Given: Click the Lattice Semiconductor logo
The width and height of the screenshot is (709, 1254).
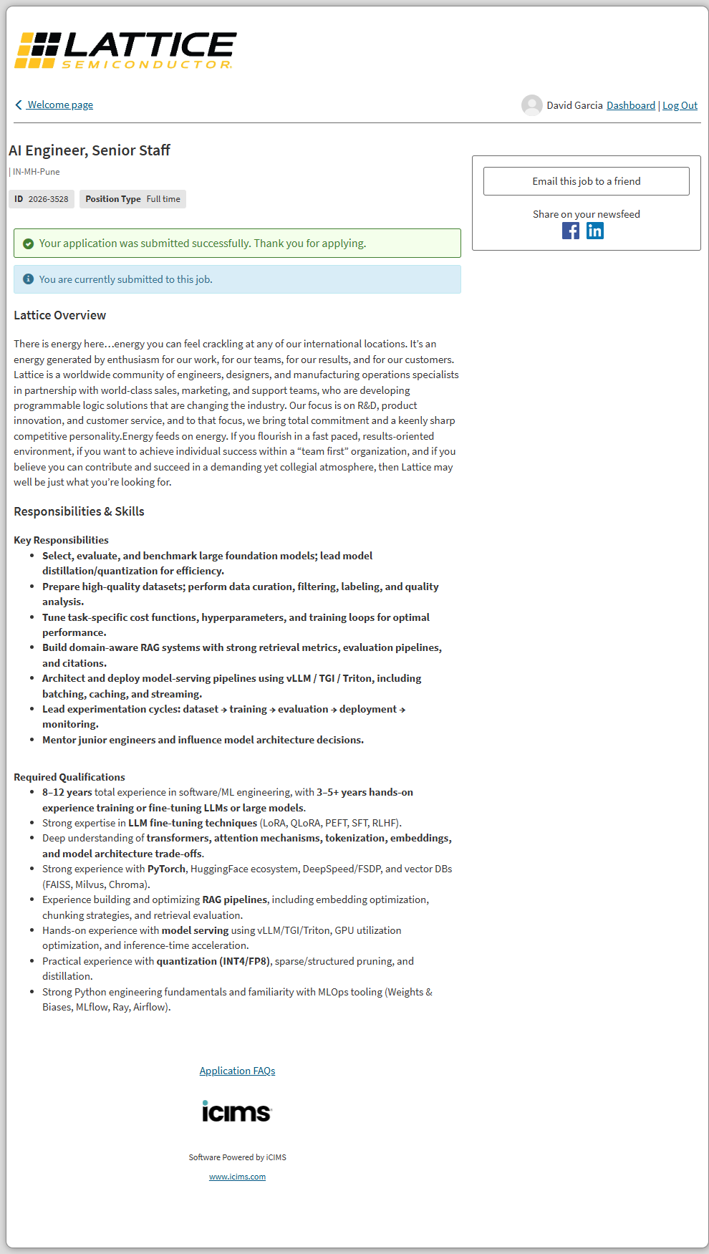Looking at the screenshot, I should pos(125,50).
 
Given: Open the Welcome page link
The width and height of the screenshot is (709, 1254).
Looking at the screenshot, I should pos(60,105).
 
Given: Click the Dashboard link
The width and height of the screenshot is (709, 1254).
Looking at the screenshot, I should pos(630,105).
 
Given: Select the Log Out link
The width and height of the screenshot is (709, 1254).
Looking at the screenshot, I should pos(680,105).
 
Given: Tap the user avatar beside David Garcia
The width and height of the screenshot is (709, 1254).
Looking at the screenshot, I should pos(531,105).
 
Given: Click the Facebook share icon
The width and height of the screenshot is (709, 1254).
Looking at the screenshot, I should pos(571,231).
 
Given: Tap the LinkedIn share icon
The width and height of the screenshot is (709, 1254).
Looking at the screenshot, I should pos(595,231).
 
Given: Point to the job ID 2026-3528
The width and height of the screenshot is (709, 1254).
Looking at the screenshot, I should pos(48,199).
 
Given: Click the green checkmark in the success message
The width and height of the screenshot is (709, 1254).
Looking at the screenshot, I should pos(29,243).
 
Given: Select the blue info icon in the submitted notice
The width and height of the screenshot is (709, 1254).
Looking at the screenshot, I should pos(29,279).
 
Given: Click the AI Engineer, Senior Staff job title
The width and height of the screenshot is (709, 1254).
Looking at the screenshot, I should pos(90,150).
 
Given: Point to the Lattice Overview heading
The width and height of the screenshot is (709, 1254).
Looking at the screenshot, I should pos(60,315).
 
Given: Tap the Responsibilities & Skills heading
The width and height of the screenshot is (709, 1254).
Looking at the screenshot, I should pos(79,511).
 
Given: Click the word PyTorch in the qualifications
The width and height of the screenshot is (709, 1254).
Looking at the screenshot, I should pos(166,869).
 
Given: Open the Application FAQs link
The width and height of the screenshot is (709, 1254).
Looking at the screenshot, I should pos(237,1071).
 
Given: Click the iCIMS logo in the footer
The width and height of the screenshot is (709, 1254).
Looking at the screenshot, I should pos(237,1111).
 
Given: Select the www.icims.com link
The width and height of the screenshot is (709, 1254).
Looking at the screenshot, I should pos(237,1177).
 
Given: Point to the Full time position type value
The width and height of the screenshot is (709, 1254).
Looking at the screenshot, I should pos(163,199).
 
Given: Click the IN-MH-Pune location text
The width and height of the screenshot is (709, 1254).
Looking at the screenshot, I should pos(36,172).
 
